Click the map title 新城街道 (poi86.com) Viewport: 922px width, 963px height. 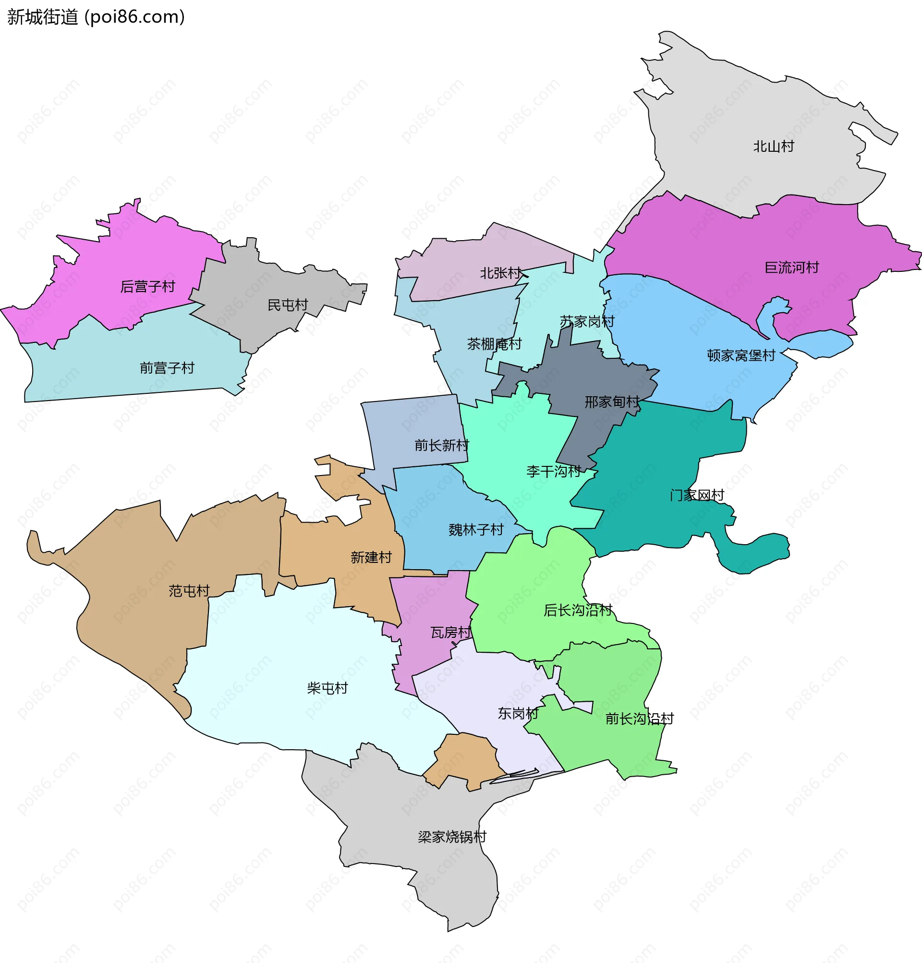tap(96, 17)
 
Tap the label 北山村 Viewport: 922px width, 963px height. tap(774, 146)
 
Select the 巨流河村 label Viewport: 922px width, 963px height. tap(792, 268)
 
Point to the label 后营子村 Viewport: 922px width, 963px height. tap(147, 286)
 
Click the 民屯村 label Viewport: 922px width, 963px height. tap(287, 305)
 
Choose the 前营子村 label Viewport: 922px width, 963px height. tap(167, 368)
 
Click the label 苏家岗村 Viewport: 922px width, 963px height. tap(587, 322)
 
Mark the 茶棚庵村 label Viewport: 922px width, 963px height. tap(494, 344)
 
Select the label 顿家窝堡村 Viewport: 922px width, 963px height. tap(741, 356)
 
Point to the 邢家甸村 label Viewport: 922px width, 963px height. tap(612, 402)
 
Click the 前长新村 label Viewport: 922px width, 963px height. tap(442, 446)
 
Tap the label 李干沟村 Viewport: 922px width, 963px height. tap(554, 472)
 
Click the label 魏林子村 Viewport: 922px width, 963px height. tap(476, 530)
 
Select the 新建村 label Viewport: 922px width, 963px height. tap(371, 558)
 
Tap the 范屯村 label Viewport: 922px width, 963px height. tap(189, 591)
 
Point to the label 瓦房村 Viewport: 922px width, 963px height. tap(450, 633)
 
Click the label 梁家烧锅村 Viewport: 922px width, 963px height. tap(452, 837)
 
